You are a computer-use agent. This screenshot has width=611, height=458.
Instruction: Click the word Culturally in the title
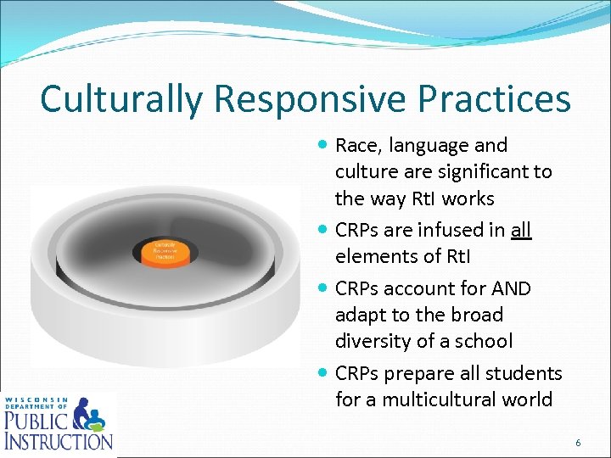coord(121,98)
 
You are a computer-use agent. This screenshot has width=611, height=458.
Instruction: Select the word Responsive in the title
coord(313,98)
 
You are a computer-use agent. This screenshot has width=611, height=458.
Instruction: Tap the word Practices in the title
coord(498,98)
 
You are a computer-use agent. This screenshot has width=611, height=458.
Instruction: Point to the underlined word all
coord(521,230)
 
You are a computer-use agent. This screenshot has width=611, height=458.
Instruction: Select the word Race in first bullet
coord(358,146)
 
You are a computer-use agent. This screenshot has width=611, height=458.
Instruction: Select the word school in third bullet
coord(483,341)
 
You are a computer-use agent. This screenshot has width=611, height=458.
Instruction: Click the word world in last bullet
coord(527,399)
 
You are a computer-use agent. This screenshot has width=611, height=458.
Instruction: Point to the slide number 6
coord(578,443)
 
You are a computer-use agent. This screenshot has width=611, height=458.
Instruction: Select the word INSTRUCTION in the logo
coord(58,440)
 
